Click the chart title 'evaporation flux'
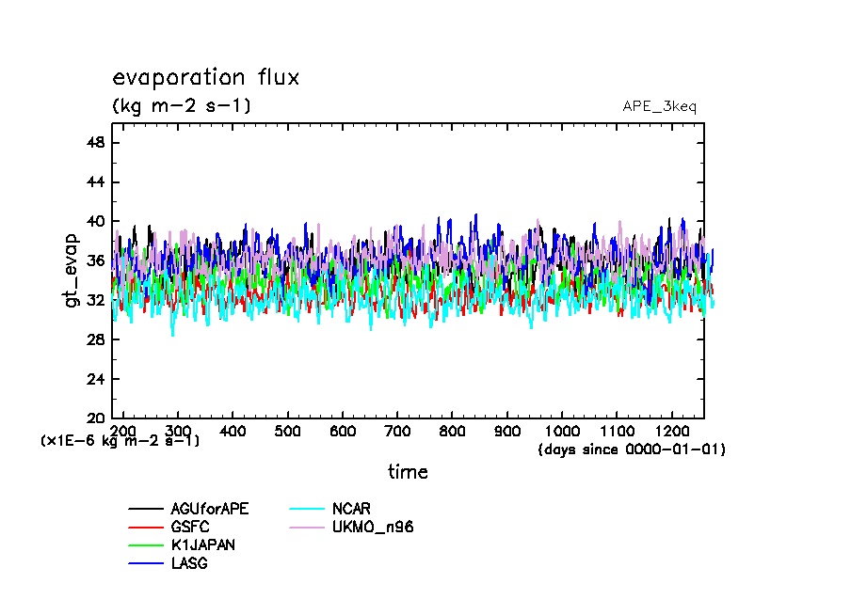205,77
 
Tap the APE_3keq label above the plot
659,106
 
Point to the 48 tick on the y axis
96,142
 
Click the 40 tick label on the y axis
96,221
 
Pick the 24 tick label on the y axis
96,379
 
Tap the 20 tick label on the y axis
96,418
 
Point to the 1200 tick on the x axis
670,429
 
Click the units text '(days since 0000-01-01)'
631,449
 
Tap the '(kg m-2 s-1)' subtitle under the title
182,106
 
